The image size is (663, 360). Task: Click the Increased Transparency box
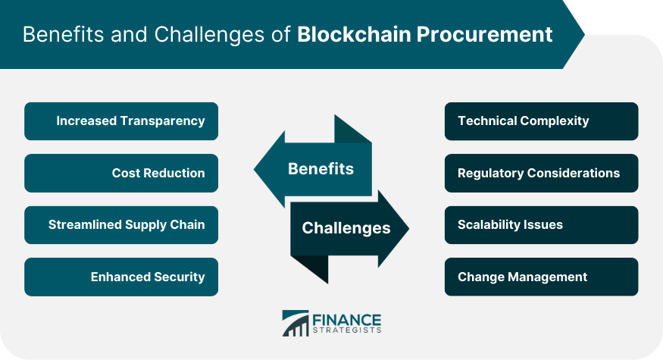[121, 121]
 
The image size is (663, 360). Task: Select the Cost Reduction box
[121, 173]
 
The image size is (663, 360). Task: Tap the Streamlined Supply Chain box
[121, 225]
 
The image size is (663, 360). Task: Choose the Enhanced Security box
[121, 277]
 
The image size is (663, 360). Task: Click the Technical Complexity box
[541, 121]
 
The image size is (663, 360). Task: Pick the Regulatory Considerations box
[541, 173]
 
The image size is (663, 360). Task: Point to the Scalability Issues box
[541, 225]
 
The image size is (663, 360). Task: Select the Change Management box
[541, 277]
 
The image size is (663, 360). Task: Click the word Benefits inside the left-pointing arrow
[321, 169]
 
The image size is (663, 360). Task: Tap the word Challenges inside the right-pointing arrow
[346, 228]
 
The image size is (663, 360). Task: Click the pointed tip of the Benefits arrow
[254, 169]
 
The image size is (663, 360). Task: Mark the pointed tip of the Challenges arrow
[409, 228]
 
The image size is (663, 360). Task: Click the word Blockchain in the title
[354, 34]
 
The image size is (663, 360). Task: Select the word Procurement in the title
[485, 34]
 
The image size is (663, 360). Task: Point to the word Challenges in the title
[209, 35]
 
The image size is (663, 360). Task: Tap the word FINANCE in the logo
[347, 321]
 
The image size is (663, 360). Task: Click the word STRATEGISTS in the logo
[347, 330]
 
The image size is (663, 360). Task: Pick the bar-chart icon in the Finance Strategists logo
[296, 323]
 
